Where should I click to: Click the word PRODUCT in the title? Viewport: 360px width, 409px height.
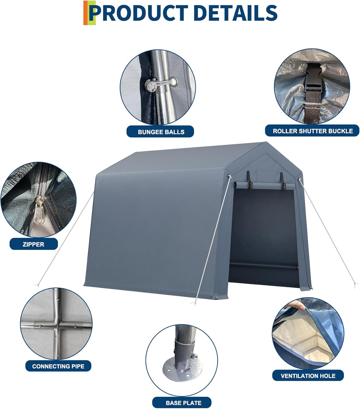pos(139,13)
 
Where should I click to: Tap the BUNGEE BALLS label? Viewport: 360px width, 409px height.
pos(161,132)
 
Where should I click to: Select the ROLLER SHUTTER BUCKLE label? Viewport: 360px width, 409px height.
pos(313,131)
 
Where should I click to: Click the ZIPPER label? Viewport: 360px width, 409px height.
pos(34,244)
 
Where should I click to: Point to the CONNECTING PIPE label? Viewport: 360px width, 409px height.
pos(58,366)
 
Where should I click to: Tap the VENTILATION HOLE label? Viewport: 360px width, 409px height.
pos(308,376)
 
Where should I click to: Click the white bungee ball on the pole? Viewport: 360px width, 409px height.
pos(151,86)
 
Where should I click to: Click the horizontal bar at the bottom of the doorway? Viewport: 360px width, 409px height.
pos(263,266)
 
